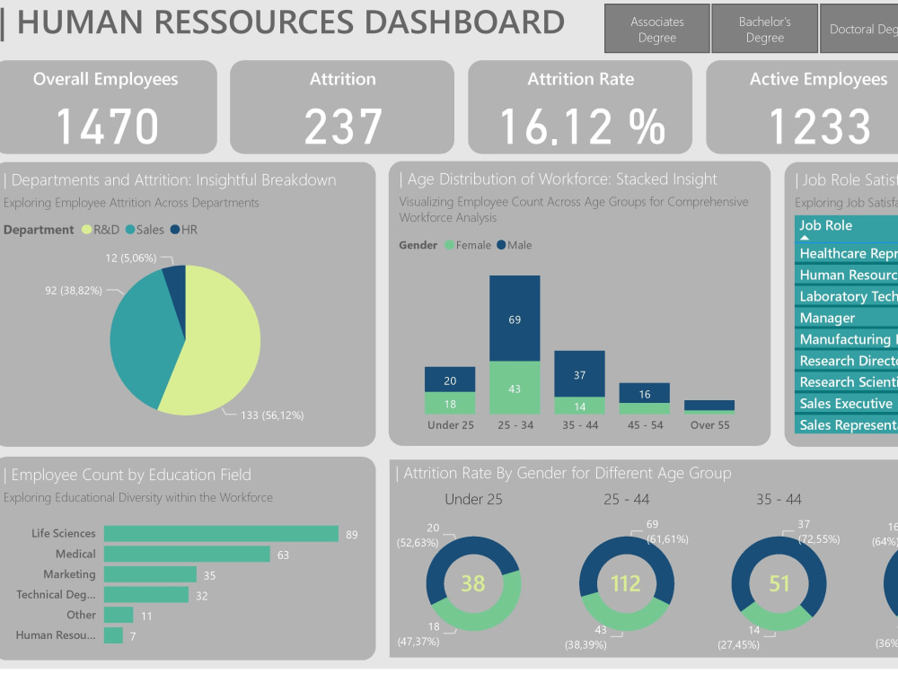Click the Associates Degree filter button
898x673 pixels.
click(x=656, y=30)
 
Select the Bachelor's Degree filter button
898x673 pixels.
click(x=764, y=30)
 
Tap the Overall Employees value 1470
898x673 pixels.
click(x=108, y=127)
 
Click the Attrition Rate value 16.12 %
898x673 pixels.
click(x=580, y=127)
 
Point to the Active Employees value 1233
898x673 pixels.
click(x=818, y=127)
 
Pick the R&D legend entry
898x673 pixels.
click(x=105, y=230)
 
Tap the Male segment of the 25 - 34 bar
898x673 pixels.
click(x=515, y=319)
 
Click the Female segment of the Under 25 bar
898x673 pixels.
click(x=450, y=404)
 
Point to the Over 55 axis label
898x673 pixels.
click(x=709, y=425)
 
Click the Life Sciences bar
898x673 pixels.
click(x=221, y=534)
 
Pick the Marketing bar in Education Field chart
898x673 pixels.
click(x=150, y=574)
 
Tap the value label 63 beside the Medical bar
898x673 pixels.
click(x=283, y=555)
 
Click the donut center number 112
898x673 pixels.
click(x=626, y=584)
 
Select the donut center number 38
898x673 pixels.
click(x=473, y=584)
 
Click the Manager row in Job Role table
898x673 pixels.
click(x=827, y=318)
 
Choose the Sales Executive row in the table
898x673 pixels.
click(x=845, y=404)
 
